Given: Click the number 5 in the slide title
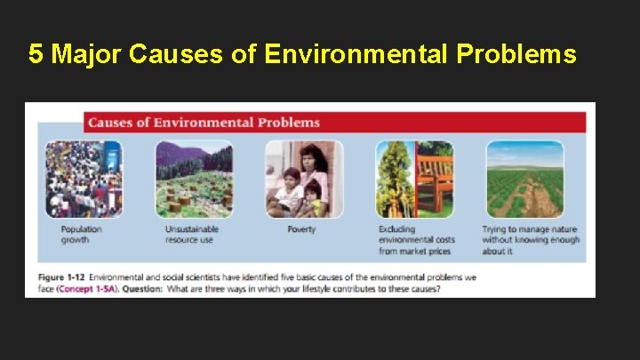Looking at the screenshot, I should (x=36, y=55).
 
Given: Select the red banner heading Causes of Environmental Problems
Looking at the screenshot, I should (x=204, y=123).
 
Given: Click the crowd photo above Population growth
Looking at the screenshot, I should (x=84, y=179).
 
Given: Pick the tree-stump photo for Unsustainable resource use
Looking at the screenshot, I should (x=194, y=179).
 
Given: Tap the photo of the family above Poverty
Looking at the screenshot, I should (x=304, y=179).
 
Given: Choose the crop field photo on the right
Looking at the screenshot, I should (x=524, y=179).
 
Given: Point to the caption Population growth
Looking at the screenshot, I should (x=81, y=235).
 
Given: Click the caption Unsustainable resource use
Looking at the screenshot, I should (x=191, y=235).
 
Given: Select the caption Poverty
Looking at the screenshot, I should (x=301, y=229).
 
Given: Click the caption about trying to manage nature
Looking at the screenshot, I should (x=530, y=240).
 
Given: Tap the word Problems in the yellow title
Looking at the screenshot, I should (x=516, y=55).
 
